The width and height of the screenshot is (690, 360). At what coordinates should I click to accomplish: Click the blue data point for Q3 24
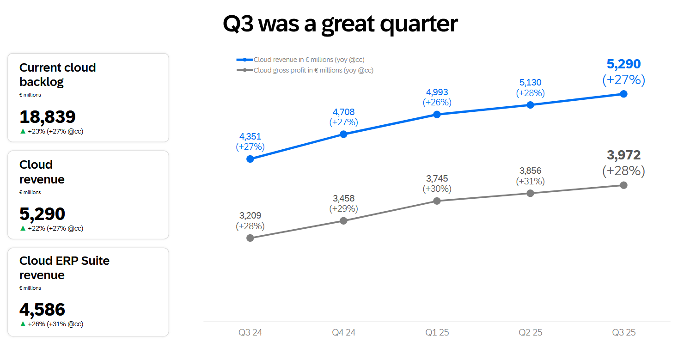point(250,159)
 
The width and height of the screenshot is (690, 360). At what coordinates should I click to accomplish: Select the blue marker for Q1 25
point(437,114)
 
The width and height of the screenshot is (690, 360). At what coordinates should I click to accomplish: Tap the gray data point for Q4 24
point(343,221)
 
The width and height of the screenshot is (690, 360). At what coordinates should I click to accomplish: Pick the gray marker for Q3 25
point(623,185)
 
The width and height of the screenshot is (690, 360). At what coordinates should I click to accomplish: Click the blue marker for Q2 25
point(530,105)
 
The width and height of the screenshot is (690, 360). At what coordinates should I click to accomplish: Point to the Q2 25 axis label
point(530,332)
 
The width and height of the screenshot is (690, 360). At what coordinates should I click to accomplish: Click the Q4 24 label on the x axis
point(343,332)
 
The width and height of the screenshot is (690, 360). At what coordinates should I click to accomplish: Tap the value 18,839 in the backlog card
point(47,117)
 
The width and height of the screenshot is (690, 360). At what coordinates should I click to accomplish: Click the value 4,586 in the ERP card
point(42,310)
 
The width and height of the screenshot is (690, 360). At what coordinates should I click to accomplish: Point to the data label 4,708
point(343,112)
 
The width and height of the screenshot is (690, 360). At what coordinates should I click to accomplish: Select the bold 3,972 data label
point(623,155)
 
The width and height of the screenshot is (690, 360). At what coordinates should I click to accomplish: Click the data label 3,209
point(250,215)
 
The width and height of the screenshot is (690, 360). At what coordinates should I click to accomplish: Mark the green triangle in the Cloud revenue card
point(23,228)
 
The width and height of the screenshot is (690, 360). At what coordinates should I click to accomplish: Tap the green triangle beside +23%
point(23,131)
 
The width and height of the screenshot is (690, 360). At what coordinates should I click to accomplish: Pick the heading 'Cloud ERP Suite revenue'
point(64,268)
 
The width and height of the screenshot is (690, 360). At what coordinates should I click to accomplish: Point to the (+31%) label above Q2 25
point(530,181)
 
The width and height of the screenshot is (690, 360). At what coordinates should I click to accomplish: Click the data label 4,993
point(437,92)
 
